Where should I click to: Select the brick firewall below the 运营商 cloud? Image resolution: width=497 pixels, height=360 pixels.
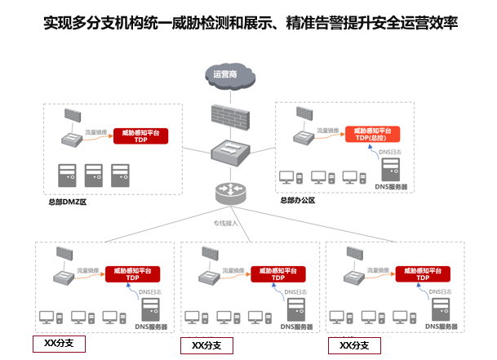pyautogui.click(x=229, y=117)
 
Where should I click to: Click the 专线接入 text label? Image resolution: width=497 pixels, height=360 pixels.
pyautogui.click(x=225, y=222)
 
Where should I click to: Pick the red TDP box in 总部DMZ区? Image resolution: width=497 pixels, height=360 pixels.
pyautogui.click(x=140, y=136)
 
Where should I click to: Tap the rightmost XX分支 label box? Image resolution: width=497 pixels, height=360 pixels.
pyautogui.click(x=355, y=345)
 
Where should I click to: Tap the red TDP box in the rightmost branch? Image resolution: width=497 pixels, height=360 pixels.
pyautogui.click(x=422, y=273)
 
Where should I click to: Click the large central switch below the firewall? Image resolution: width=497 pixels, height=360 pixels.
pyautogui.click(x=229, y=153)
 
